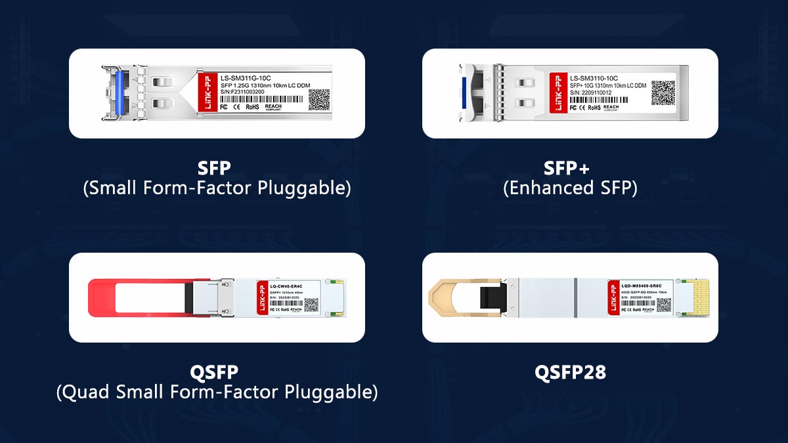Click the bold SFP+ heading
pyautogui.click(x=569, y=168)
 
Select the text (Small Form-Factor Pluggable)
pyautogui.click(x=217, y=188)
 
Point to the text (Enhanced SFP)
pyautogui.click(x=569, y=188)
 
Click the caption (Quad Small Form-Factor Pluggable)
pyautogui.click(x=217, y=392)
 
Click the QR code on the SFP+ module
pyautogui.click(x=663, y=93)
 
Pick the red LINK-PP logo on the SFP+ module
pyautogui.click(x=560, y=93)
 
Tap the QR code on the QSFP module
pyautogui.click(x=311, y=305)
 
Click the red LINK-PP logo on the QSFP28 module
pyautogui.click(x=614, y=297)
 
